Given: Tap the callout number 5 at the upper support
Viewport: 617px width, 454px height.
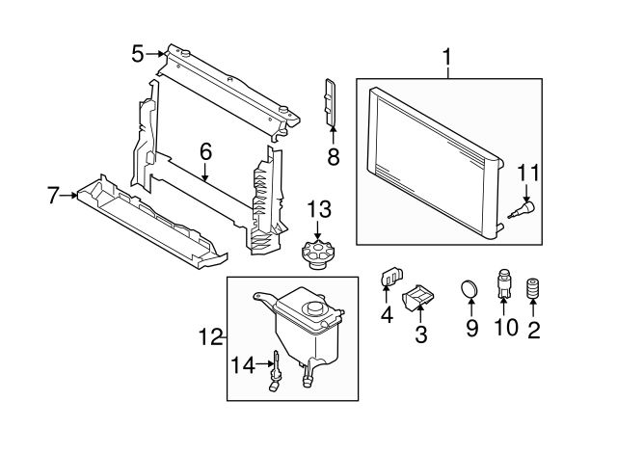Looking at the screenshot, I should coord(139,54).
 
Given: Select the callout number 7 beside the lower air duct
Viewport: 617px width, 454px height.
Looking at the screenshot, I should coord(54,197).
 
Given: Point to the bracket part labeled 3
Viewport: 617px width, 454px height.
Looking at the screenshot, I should coord(418,300).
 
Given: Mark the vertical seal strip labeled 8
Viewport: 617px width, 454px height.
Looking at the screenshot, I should coord(332,100).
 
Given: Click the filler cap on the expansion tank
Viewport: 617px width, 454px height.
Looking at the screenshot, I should coord(314,307).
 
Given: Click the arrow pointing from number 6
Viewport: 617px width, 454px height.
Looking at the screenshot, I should coord(205,174).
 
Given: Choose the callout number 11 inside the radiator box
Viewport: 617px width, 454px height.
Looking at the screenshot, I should coord(528,174).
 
